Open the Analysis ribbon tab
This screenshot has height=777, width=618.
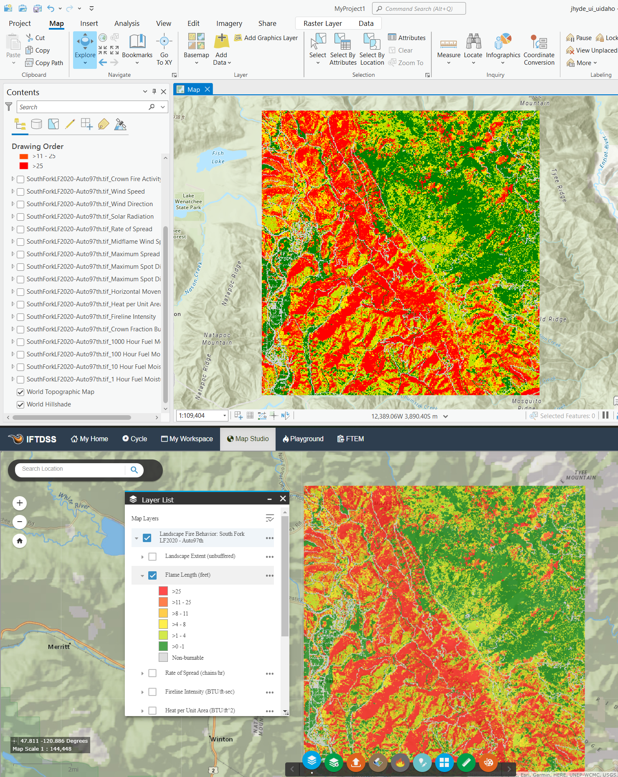point(127,23)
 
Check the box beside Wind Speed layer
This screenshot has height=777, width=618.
point(20,192)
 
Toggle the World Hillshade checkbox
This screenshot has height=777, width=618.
point(20,404)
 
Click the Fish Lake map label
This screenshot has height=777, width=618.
point(218,157)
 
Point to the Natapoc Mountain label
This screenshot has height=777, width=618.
point(217,338)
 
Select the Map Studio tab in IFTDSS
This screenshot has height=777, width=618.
point(248,439)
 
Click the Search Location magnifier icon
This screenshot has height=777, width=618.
point(134,469)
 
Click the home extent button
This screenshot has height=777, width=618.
point(20,541)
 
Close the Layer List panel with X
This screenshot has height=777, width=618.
point(283,499)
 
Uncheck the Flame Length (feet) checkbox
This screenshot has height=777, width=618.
point(153,575)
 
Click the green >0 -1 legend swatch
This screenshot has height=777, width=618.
point(163,646)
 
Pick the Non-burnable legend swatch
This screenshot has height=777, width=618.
point(163,658)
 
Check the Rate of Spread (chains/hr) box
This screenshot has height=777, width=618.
point(153,673)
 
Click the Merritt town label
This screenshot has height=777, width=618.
point(59,646)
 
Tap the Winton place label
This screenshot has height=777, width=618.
point(221,739)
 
